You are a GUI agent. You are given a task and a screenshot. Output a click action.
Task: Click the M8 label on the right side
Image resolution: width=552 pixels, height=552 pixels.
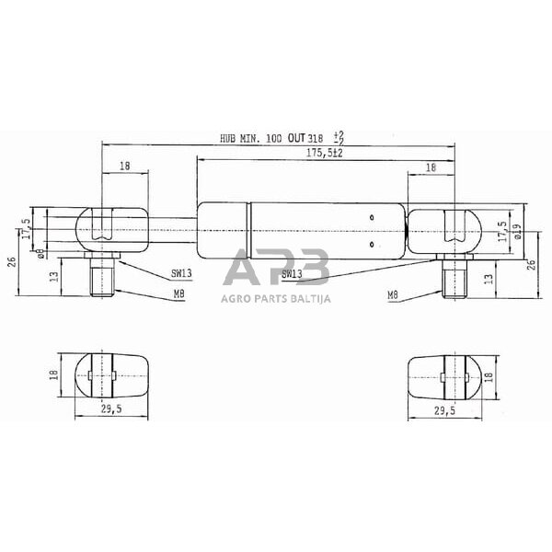392,295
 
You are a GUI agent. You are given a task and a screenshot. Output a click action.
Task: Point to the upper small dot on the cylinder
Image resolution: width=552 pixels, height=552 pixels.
371,216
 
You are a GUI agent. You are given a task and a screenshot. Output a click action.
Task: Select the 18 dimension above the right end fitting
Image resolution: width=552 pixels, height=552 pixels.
431,167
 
